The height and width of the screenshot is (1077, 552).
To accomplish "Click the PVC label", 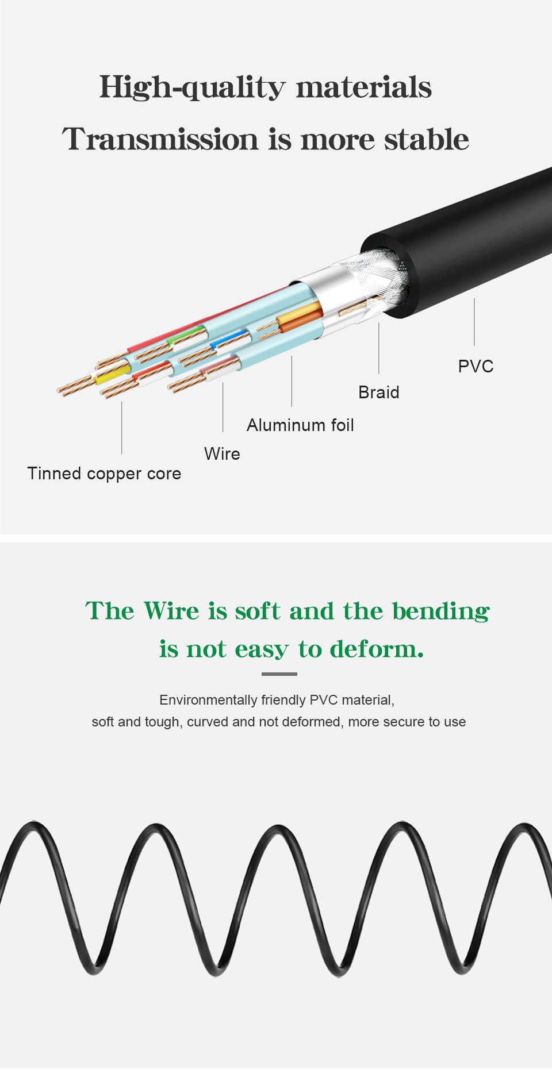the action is tap(476, 366).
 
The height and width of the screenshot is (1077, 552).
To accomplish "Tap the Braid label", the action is tap(378, 392).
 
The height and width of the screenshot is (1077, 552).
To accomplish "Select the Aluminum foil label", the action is tap(300, 425).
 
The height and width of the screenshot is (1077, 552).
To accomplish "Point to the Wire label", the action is tap(222, 453).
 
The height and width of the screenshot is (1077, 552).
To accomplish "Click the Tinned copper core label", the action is tap(104, 474).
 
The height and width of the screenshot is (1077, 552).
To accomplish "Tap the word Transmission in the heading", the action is tap(160, 140).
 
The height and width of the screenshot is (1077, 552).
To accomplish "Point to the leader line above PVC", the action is tap(474, 322).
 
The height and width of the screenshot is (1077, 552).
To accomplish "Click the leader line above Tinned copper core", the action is tap(122, 428).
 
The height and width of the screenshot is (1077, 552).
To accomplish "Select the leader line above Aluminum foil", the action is tap(292, 381).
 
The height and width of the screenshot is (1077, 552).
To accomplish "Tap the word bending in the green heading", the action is tap(441, 611).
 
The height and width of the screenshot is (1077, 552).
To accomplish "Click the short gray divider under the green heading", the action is tap(279, 674).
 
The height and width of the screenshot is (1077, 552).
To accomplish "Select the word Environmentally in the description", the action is tap(208, 700).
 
